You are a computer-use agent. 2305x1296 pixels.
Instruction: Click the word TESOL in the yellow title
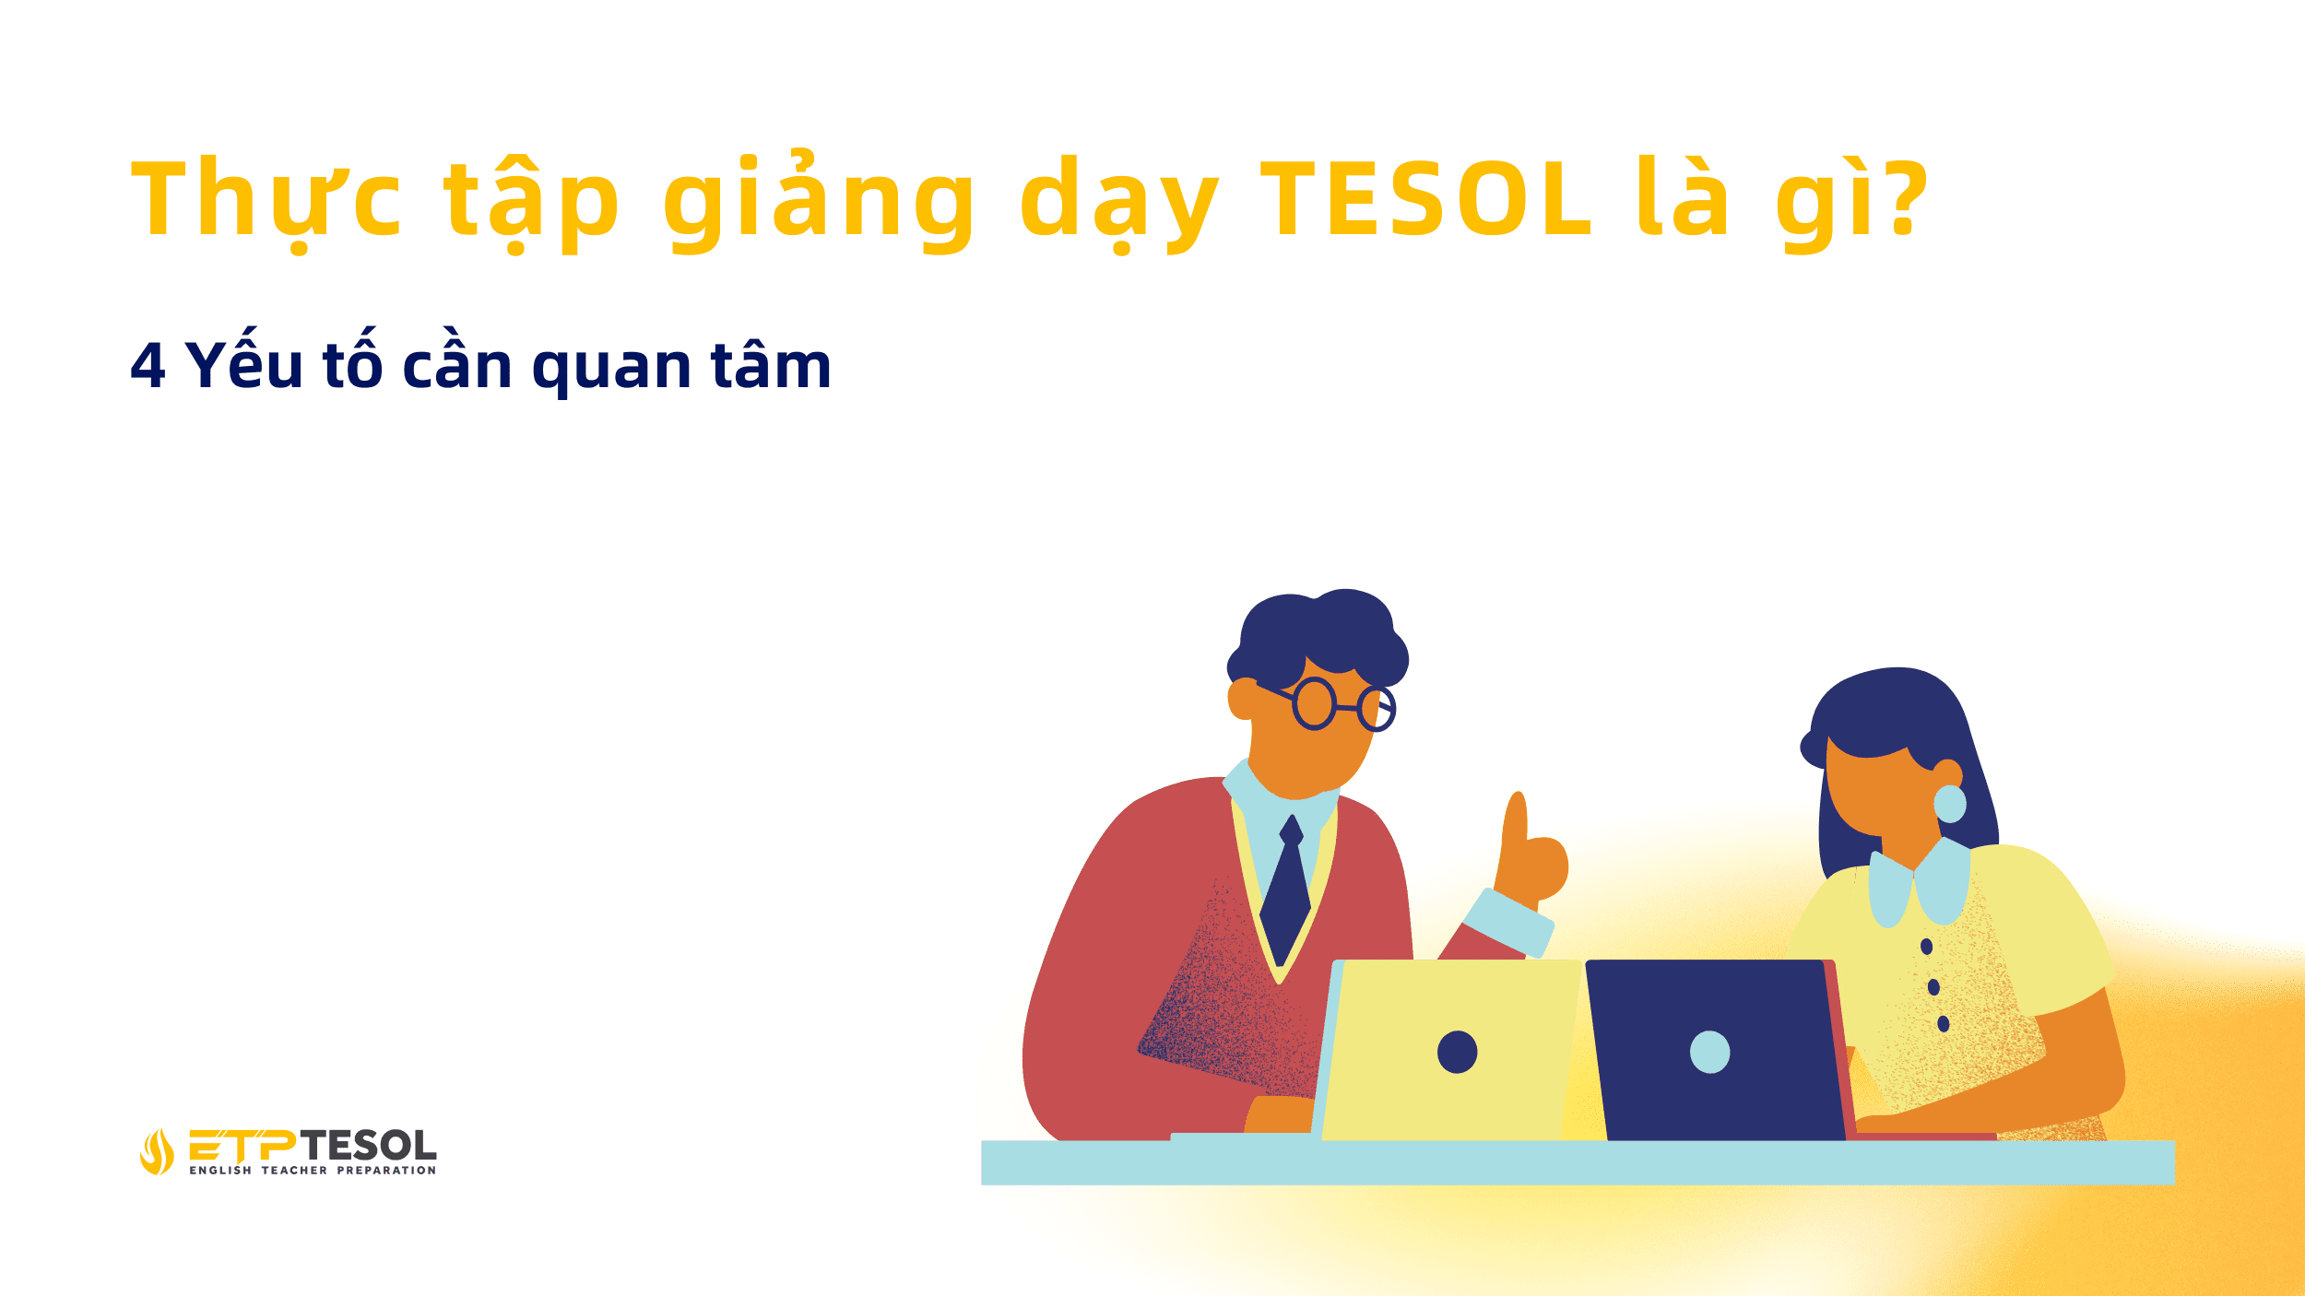coord(1425,199)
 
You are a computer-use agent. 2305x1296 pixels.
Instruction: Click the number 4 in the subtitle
coord(148,366)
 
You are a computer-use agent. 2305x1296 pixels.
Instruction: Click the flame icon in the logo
coord(157,1151)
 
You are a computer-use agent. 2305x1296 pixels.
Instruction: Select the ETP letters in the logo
coord(243,1146)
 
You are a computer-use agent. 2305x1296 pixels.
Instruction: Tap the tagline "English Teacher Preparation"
coord(313,1171)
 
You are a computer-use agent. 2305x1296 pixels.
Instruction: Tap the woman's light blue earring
coord(1950,804)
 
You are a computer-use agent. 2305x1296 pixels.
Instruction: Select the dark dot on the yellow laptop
coord(1457,1052)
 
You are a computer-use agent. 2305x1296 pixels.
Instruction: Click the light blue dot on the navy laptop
coord(1709,1052)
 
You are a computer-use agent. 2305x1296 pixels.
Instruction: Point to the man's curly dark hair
coord(1318,631)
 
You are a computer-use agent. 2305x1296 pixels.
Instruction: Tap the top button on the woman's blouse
coord(1926,947)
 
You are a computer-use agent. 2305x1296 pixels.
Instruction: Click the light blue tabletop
coord(1567,1162)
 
